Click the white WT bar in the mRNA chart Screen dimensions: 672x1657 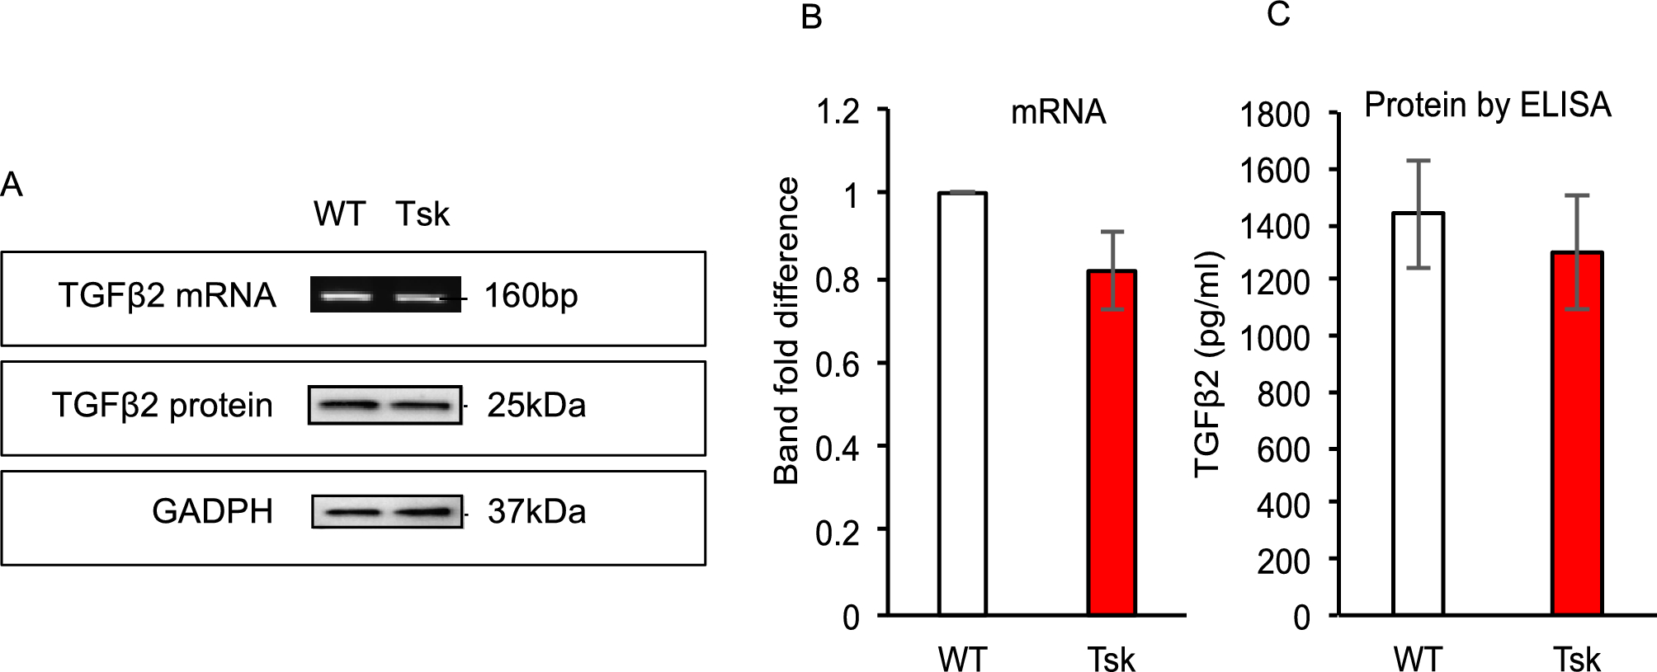[962, 404]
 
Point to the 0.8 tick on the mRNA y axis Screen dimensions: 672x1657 [838, 280]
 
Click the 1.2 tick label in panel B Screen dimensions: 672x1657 [838, 111]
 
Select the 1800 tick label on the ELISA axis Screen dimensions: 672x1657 [1275, 115]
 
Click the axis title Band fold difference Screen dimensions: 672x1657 [786, 330]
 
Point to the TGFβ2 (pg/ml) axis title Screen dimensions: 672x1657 [1207, 363]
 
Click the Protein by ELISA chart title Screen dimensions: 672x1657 [1487, 106]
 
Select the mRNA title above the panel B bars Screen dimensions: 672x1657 [1058, 112]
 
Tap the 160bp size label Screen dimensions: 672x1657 [531, 296]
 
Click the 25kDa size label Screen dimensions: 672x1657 [536, 406]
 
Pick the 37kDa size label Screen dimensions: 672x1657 [536, 512]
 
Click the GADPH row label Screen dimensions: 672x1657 [212, 512]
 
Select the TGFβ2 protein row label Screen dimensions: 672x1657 [163, 406]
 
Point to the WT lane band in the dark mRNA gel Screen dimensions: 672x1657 [345, 296]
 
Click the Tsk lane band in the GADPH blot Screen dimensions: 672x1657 [424, 512]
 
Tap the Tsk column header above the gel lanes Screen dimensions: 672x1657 [423, 214]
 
